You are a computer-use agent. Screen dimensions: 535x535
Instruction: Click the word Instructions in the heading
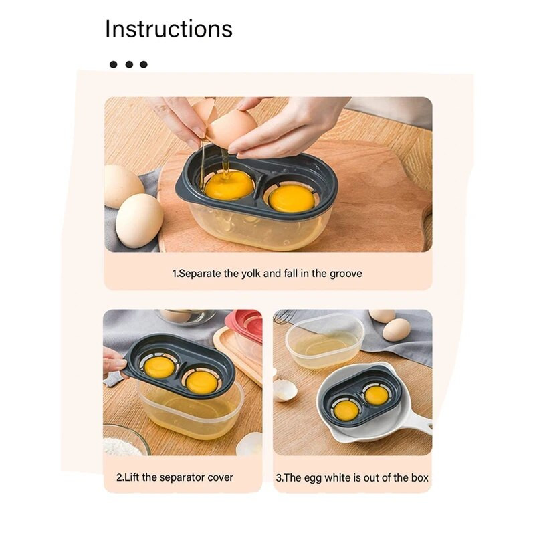point(169,29)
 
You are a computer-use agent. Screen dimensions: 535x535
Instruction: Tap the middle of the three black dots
point(129,64)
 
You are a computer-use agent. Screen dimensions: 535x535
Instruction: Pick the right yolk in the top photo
point(292,199)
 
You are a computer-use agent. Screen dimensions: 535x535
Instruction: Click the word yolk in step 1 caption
point(251,274)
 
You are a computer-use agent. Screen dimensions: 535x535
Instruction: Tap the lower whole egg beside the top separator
point(139,221)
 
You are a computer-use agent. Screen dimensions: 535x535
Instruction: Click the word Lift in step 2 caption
point(132,477)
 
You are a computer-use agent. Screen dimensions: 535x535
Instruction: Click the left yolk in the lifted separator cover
point(159,367)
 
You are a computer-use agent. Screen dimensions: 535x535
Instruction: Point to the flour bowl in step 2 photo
point(125,441)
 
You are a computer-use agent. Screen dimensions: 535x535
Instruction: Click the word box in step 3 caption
point(420,477)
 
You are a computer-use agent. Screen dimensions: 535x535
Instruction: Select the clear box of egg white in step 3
point(324,340)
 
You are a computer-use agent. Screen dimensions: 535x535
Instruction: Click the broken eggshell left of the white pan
point(286,390)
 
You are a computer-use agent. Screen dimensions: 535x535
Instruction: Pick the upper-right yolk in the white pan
point(377,395)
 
